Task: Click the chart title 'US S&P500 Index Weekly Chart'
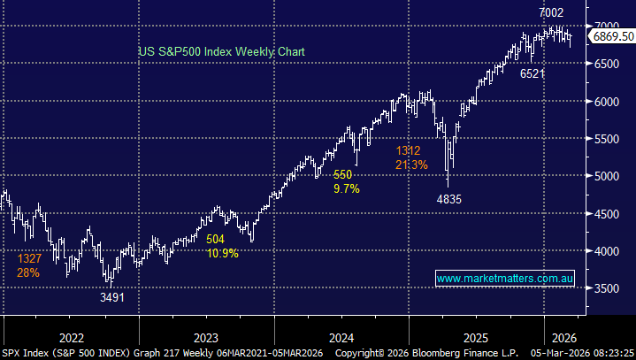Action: pyautogui.click(x=221, y=52)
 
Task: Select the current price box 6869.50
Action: pyautogui.click(x=612, y=37)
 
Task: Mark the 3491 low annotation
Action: pyautogui.click(x=111, y=298)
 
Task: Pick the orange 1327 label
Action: pyautogui.click(x=30, y=259)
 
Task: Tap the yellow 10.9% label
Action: pyautogui.click(x=222, y=253)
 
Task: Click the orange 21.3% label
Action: pyautogui.click(x=411, y=165)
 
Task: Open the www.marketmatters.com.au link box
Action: pyautogui.click(x=506, y=279)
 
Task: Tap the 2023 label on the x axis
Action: pyautogui.click(x=205, y=337)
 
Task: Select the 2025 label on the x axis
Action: pyautogui.click(x=476, y=337)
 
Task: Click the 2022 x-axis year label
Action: pyautogui.click(x=71, y=337)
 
